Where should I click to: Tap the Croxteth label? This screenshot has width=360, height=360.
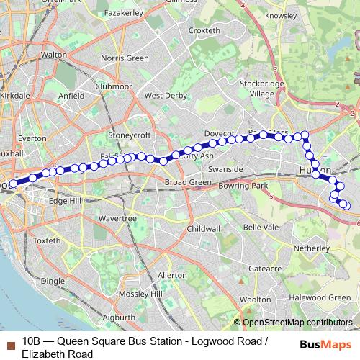tap(204, 30)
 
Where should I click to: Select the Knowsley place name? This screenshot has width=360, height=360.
tap(281, 15)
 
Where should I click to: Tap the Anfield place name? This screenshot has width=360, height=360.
tap(72, 94)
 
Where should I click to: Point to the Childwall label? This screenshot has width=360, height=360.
tap(204, 228)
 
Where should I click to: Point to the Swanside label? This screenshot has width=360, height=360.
tap(223, 169)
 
